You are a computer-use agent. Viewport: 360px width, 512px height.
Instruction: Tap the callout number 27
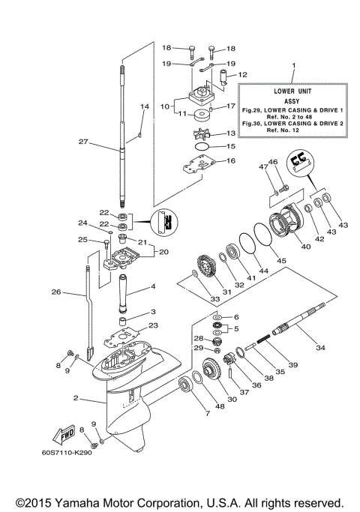[x=83, y=140]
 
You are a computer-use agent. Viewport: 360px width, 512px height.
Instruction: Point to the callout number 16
[x=230, y=160]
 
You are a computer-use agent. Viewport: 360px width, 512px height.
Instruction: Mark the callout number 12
[x=242, y=74]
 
